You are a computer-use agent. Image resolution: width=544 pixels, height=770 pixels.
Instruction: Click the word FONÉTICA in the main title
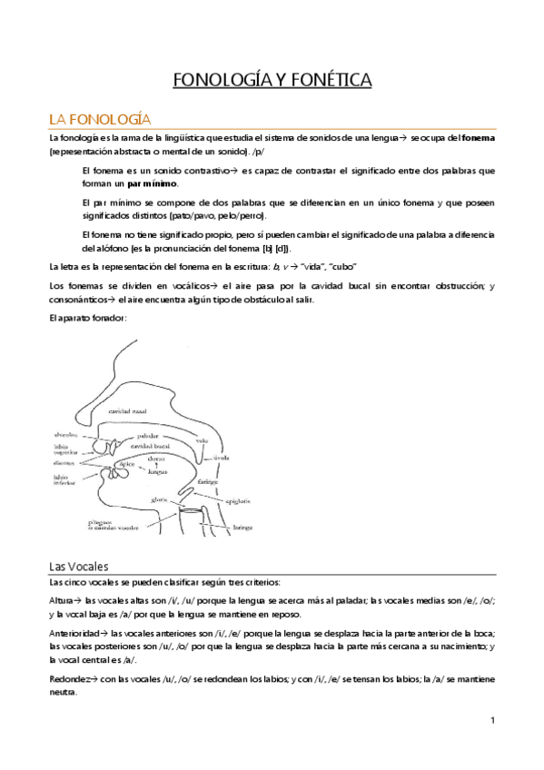click(330, 82)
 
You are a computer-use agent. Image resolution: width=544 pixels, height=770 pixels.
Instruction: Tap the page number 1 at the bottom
click(491, 721)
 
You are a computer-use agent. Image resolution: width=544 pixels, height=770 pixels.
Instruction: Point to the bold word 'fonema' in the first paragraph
click(478, 139)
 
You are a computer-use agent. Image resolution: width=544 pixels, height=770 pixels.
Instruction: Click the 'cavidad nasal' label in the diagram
click(154, 412)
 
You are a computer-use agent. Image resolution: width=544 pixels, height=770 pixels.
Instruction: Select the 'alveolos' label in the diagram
click(64, 435)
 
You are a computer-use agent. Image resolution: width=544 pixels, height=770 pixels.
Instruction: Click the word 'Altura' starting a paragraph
click(64, 601)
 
